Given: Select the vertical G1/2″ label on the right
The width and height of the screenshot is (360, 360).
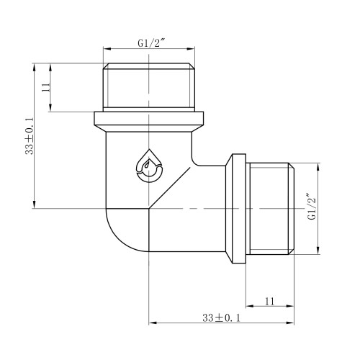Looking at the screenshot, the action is coord(312,206).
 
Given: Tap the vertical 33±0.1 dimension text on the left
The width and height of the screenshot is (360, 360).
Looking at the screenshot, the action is coord(30,136).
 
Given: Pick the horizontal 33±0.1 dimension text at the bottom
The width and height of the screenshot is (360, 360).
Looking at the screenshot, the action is coord(221,318).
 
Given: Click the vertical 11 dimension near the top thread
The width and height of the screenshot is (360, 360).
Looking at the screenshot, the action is coord(46,87).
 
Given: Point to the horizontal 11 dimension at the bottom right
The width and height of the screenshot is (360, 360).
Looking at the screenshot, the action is coord(269,301).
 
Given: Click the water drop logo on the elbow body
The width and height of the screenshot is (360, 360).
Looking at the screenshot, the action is coord(149,166).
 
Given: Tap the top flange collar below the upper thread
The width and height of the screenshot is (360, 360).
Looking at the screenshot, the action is coord(149,122).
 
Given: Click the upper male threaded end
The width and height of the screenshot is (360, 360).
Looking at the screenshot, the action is coord(149,87).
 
